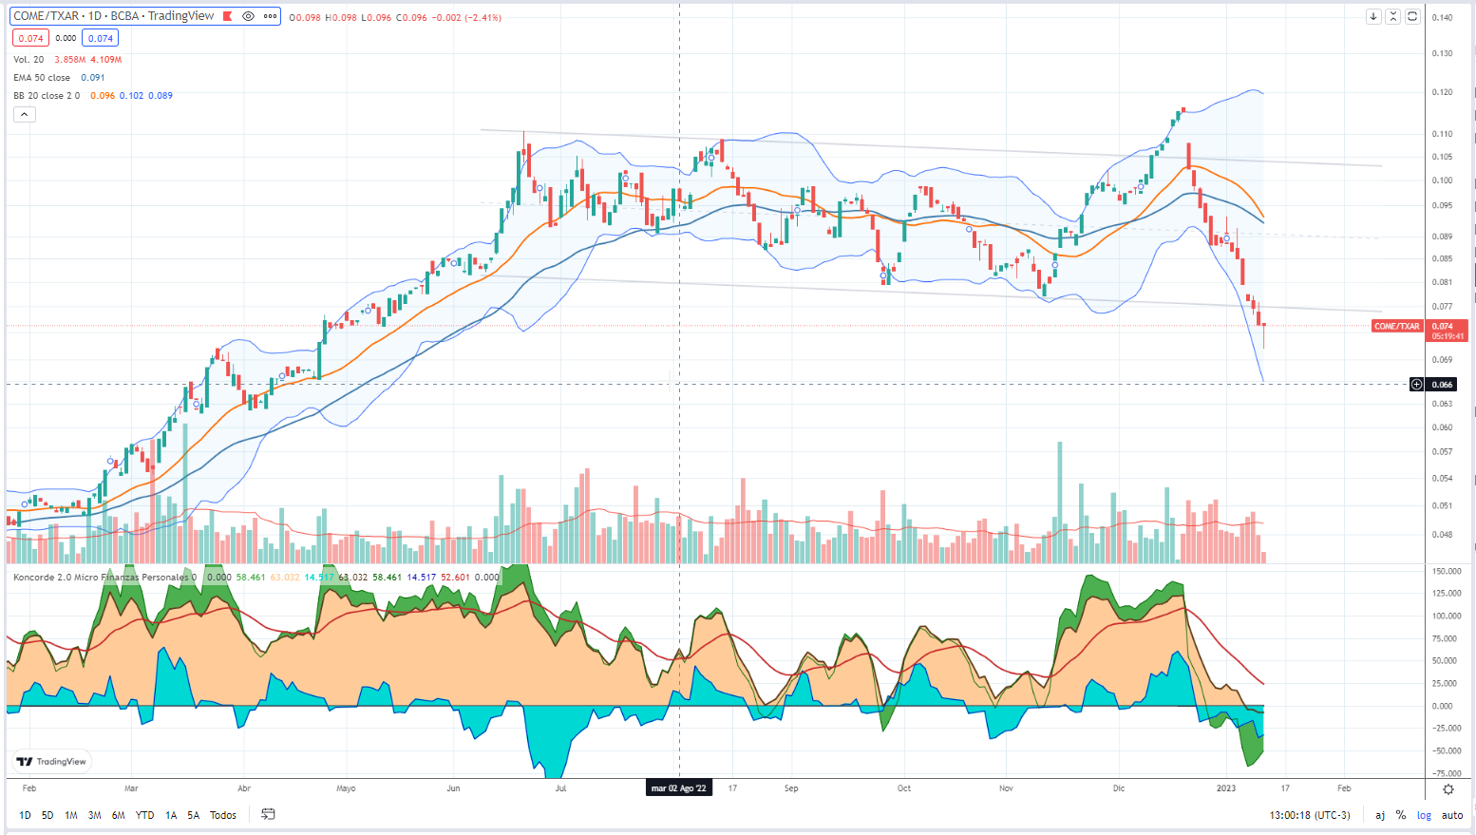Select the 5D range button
coord(47,815)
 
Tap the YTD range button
coord(144,815)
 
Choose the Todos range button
coord(223,815)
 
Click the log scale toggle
coord(1424,815)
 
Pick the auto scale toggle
coord(1452,815)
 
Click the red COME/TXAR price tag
coord(1396,327)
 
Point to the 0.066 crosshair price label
coord(1442,385)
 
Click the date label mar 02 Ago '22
coord(679,788)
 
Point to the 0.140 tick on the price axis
coord(1442,18)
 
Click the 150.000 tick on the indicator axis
coord(1447,572)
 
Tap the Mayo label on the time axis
coord(346,788)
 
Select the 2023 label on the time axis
coord(1226,788)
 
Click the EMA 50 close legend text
coord(42,78)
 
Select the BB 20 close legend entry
coord(47,96)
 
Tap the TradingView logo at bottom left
coord(51,761)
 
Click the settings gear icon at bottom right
coord(1448,789)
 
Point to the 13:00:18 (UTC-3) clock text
coord(1310,815)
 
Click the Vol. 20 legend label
coord(28,60)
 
